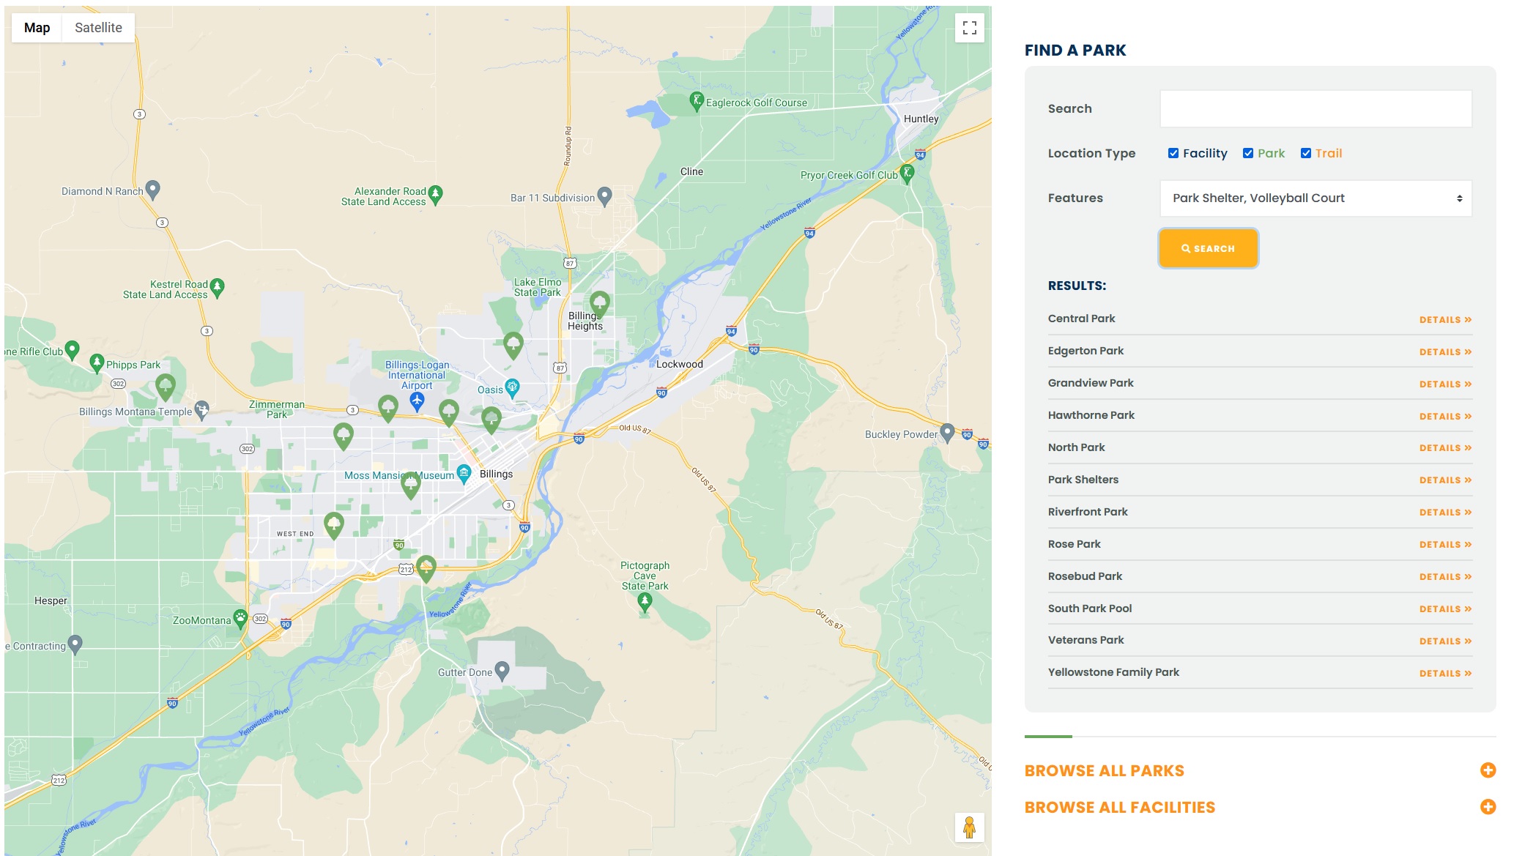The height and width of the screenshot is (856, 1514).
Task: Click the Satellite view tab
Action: pos(98,28)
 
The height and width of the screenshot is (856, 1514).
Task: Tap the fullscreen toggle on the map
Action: pos(970,28)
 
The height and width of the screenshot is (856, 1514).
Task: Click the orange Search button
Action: pos(1208,248)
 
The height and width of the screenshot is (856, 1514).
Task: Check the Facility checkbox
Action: pos(1173,153)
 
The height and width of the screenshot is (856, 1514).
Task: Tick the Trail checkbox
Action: pos(1306,153)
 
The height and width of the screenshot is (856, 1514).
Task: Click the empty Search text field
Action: pos(1316,109)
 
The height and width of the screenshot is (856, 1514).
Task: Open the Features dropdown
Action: pos(1316,198)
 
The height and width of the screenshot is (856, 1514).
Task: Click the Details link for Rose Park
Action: pos(1444,545)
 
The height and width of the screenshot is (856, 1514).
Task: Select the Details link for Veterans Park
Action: pos(1444,641)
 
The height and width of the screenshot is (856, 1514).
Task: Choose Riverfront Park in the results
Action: pos(1088,512)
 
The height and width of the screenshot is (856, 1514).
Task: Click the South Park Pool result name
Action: pos(1090,608)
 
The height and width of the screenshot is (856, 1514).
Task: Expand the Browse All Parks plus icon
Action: pos(1488,770)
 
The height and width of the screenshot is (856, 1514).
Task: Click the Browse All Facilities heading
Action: pos(1119,808)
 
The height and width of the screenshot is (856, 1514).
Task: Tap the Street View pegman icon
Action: pos(969,827)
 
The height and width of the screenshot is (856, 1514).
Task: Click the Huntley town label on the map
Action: pos(921,119)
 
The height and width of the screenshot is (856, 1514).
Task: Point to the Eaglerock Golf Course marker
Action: pos(697,100)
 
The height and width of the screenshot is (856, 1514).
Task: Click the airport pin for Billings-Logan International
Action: pos(417,400)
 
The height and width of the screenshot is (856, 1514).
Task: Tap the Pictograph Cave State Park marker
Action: pos(645,602)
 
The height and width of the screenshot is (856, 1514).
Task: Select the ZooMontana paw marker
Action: pos(240,617)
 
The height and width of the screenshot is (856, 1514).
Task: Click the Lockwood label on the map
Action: pos(679,364)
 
